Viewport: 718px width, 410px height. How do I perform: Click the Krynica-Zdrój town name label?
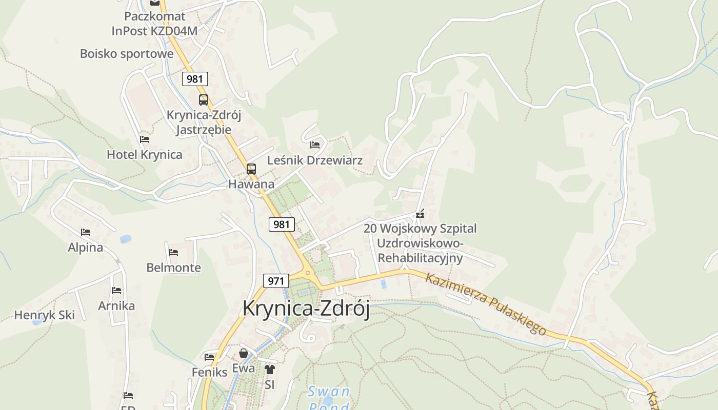pyautogui.click(x=306, y=308)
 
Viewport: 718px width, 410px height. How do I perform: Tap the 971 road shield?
pyautogui.click(x=276, y=281)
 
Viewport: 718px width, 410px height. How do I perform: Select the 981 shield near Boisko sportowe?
pyautogui.click(x=195, y=79)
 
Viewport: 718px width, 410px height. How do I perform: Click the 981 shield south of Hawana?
pyautogui.click(x=282, y=224)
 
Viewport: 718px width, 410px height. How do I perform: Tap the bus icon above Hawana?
pyautogui.click(x=251, y=169)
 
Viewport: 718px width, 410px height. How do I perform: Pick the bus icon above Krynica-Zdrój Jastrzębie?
pyautogui.click(x=204, y=100)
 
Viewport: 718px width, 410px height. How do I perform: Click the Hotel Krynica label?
pyautogui.click(x=144, y=154)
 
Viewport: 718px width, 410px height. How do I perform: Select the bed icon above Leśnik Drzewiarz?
pyautogui.click(x=315, y=145)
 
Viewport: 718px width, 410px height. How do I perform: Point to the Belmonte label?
pyautogui.click(x=173, y=268)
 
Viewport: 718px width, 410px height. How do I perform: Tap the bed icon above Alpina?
pyautogui.click(x=86, y=232)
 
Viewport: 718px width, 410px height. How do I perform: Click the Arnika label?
pyautogui.click(x=116, y=306)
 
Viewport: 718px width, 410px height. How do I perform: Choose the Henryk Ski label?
pyautogui.click(x=44, y=315)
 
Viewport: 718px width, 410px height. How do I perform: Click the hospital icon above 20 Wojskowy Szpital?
pyautogui.click(x=420, y=214)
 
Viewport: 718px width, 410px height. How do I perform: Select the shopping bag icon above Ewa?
pyautogui.click(x=244, y=353)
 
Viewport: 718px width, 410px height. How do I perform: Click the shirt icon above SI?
pyautogui.click(x=270, y=369)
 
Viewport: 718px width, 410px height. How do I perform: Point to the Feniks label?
pyautogui.click(x=209, y=372)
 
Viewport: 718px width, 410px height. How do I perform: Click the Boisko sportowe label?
pyautogui.click(x=127, y=54)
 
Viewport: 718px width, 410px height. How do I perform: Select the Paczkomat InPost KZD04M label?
pyautogui.click(x=154, y=24)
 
